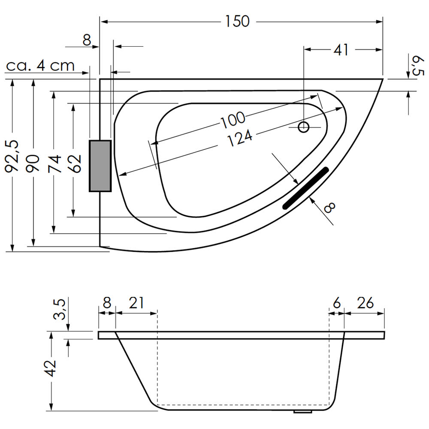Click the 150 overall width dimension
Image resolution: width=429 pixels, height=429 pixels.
[236, 21]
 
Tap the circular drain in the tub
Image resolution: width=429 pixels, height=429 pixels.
[304, 127]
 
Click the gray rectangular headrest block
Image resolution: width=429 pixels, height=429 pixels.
[100, 166]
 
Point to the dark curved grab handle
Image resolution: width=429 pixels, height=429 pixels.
[305, 187]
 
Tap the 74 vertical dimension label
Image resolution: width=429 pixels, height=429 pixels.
[54, 163]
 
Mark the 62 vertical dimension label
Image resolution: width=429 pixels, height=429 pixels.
[75, 163]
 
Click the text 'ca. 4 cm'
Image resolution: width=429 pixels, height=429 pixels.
[40, 66]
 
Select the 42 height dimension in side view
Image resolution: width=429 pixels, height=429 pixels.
[51, 368]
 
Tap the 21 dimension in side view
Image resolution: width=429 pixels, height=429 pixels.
[136, 303]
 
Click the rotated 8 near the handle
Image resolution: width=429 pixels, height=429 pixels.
[329, 208]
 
